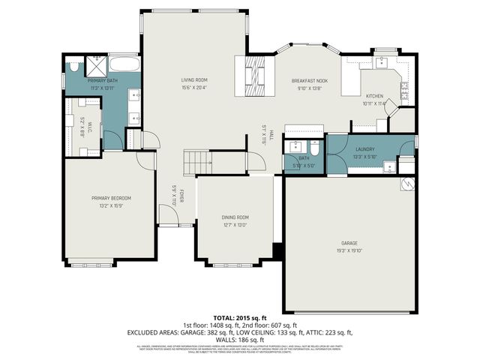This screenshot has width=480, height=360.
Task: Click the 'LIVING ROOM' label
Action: pyautogui.click(x=193, y=79)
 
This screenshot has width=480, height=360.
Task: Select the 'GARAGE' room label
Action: pyautogui.click(x=349, y=243)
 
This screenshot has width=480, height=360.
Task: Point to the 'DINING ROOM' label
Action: pyautogui.click(x=235, y=217)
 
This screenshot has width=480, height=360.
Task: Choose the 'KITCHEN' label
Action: pyautogui.click(x=374, y=96)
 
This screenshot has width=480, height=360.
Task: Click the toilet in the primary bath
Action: pyautogui.click(x=73, y=67)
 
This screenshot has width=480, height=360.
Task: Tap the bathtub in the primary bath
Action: pyautogui.click(x=124, y=64)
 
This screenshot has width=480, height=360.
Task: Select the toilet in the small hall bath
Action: pyautogui.click(x=316, y=148)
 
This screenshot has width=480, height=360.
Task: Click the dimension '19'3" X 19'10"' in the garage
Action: pyautogui.click(x=349, y=250)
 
